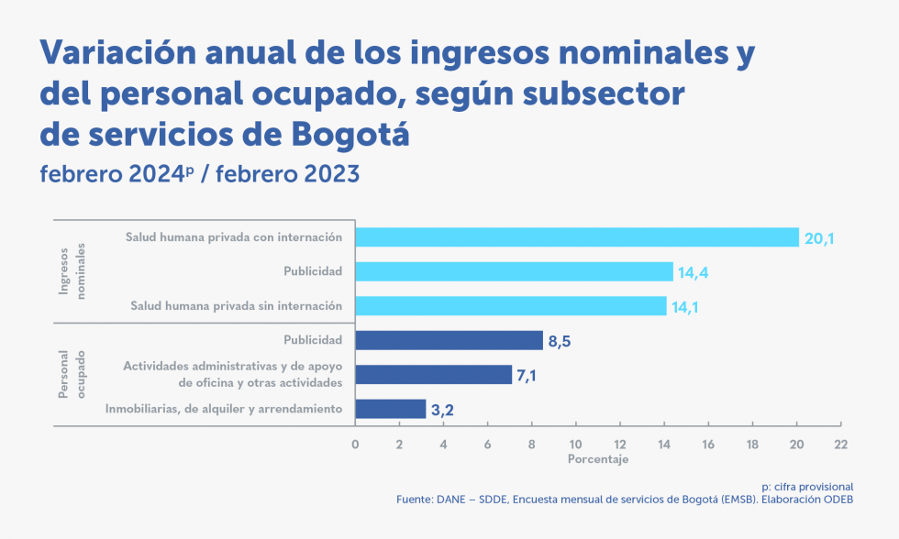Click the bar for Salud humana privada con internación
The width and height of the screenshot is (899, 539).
[x=576, y=237]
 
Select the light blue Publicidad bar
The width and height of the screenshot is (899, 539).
[x=514, y=271]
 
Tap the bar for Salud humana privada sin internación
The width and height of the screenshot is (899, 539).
[x=510, y=306]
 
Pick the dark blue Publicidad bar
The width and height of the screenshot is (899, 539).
[x=449, y=340]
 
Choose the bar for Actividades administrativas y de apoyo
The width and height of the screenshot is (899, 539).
[x=433, y=374]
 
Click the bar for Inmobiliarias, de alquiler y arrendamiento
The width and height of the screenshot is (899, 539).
[x=390, y=409]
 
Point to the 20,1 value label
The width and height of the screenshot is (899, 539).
[x=819, y=239]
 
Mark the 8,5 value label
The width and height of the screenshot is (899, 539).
[x=560, y=342]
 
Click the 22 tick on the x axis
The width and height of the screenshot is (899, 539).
[x=840, y=445]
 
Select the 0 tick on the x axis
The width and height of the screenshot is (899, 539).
[x=355, y=445]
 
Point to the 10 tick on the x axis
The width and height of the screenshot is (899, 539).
[x=575, y=445]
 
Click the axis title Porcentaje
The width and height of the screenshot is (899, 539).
[x=598, y=459]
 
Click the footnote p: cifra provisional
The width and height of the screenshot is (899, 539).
[x=807, y=486]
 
